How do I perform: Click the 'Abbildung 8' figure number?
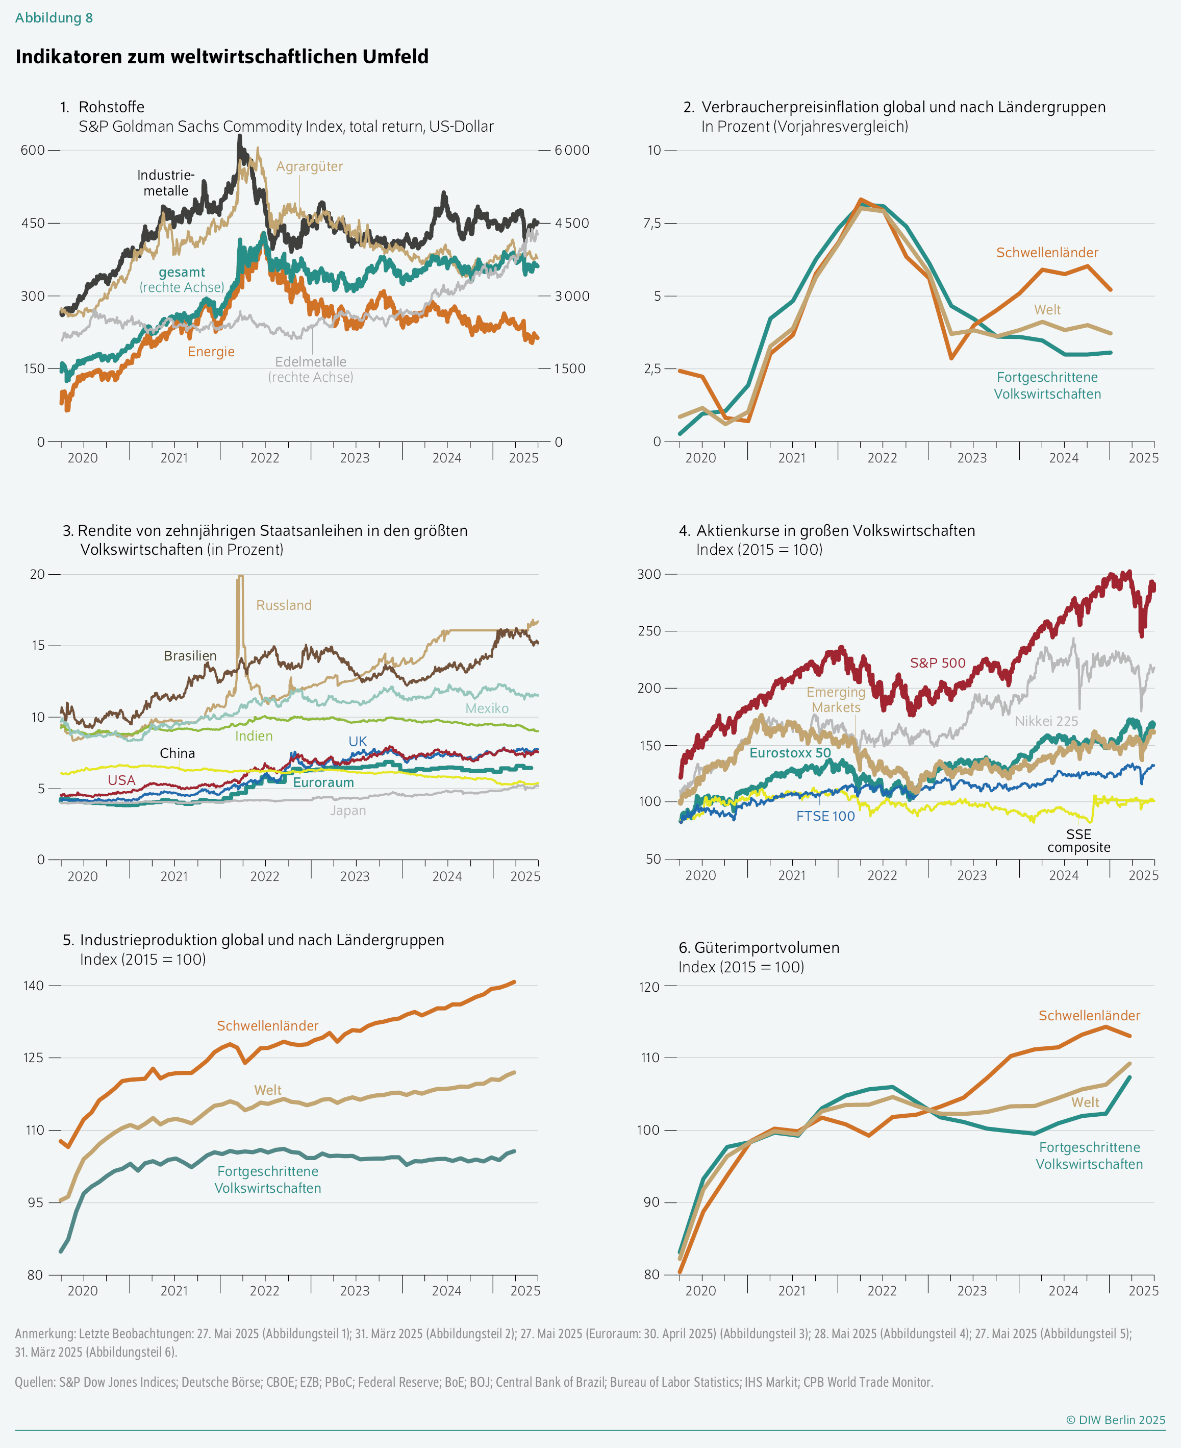click(x=54, y=18)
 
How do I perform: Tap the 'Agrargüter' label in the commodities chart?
click(x=310, y=167)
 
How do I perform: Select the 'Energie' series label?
click(x=211, y=352)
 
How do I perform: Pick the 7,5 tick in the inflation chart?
click(x=652, y=223)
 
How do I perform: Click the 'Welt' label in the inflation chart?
click(x=1047, y=310)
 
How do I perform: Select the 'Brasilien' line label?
click(x=190, y=655)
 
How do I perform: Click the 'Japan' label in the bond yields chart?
click(x=347, y=811)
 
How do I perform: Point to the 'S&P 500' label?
click(x=938, y=663)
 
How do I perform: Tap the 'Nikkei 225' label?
click(x=1046, y=721)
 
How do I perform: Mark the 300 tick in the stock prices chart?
click(x=648, y=574)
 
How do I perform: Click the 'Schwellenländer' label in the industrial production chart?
click(x=267, y=1025)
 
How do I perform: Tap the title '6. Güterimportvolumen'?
click(x=759, y=947)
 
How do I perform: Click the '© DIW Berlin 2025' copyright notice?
click(x=1115, y=1419)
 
